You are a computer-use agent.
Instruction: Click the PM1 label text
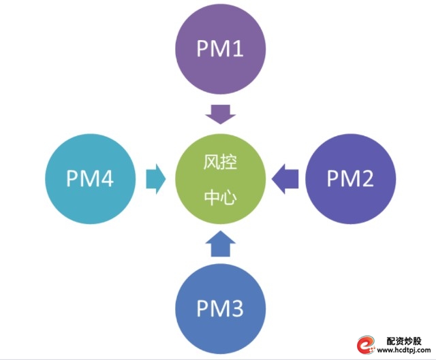click(x=220, y=49)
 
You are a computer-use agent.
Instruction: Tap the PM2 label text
click(x=350, y=178)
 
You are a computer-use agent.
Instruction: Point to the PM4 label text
click(x=89, y=178)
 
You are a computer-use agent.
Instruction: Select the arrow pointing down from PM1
click(x=220, y=114)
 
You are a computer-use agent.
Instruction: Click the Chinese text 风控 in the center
click(x=220, y=163)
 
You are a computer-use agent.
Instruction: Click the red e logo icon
click(x=366, y=346)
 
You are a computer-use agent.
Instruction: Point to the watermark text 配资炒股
click(x=405, y=340)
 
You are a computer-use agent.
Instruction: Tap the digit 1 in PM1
click(x=237, y=49)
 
